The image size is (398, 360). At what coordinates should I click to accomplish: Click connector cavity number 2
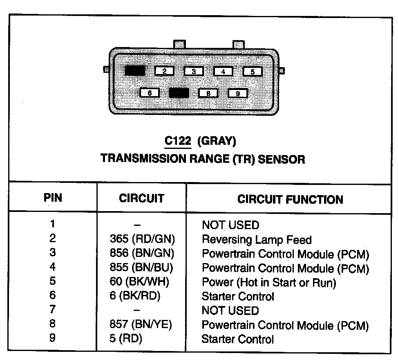pyautogui.click(x=164, y=71)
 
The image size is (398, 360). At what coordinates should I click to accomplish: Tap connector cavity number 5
pyautogui.click(x=253, y=72)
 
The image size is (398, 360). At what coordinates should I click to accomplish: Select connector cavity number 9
pyautogui.click(x=238, y=93)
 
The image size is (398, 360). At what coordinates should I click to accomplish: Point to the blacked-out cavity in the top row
pyautogui.click(x=135, y=71)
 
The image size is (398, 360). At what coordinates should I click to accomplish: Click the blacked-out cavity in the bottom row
pyautogui.click(x=179, y=93)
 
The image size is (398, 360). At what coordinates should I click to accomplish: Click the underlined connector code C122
pyautogui.click(x=178, y=142)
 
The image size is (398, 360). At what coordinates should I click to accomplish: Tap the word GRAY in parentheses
pyautogui.click(x=217, y=142)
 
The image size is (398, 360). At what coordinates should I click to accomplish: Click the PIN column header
pyautogui.click(x=53, y=198)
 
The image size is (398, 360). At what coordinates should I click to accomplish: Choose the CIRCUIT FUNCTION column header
pyautogui.click(x=290, y=199)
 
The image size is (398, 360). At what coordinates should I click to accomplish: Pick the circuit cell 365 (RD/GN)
pyautogui.click(x=143, y=239)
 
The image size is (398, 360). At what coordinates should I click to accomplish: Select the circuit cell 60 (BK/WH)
pyautogui.click(x=140, y=282)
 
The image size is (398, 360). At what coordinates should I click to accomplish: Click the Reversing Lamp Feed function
pyautogui.click(x=257, y=239)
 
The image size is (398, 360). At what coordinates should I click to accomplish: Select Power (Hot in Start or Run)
pyautogui.click(x=269, y=282)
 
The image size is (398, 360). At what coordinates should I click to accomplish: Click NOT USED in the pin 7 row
pyautogui.click(x=230, y=310)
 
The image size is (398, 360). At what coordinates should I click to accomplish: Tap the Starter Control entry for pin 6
pyautogui.click(x=238, y=296)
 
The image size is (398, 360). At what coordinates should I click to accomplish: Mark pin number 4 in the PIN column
pyautogui.click(x=53, y=267)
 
